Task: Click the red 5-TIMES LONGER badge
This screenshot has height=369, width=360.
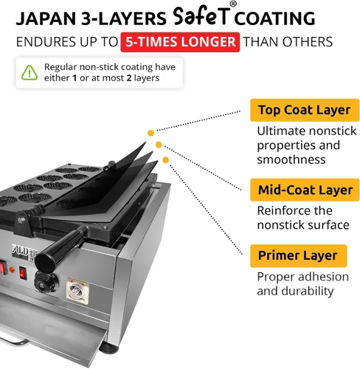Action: pyautogui.click(x=180, y=42)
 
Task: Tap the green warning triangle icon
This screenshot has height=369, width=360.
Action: pyautogui.click(x=30, y=73)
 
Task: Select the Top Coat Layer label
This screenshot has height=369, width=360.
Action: pyautogui.click(x=305, y=110)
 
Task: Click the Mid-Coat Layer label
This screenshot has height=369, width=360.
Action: pyautogui.click(x=305, y=190)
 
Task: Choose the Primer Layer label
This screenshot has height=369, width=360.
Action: pyautogui.click(x=298, y=255)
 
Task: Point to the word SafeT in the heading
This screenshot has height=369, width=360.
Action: pyautogui.click(x=201, y=16)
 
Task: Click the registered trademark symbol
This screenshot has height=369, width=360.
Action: pyautogui.click(x=233, y=4)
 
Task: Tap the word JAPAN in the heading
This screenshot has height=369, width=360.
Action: pyautogui.click(x=46, y=18)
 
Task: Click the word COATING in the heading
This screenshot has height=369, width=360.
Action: pyautogui.click(x=274, y=18)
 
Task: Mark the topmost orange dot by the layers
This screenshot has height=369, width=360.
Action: pyautogui.click(x=150, y=133)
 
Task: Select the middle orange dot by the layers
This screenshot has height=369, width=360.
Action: pyautogui.click(x=159, y=145)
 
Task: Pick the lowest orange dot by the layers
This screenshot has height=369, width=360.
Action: pyautogui.click(x=166, y=160)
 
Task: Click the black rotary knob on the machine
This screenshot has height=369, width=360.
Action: pyautogui.click(x=46, y=281)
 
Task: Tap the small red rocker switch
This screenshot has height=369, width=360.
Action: pyautogui.click(x=23, y=273)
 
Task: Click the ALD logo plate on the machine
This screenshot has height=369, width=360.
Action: pyautogui.click(x=21, y=252)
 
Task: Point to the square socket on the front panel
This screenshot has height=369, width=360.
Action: pyautogui.click(x=77, y=291)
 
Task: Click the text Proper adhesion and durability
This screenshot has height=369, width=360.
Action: pyautogui.click(x=302, y=284)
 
